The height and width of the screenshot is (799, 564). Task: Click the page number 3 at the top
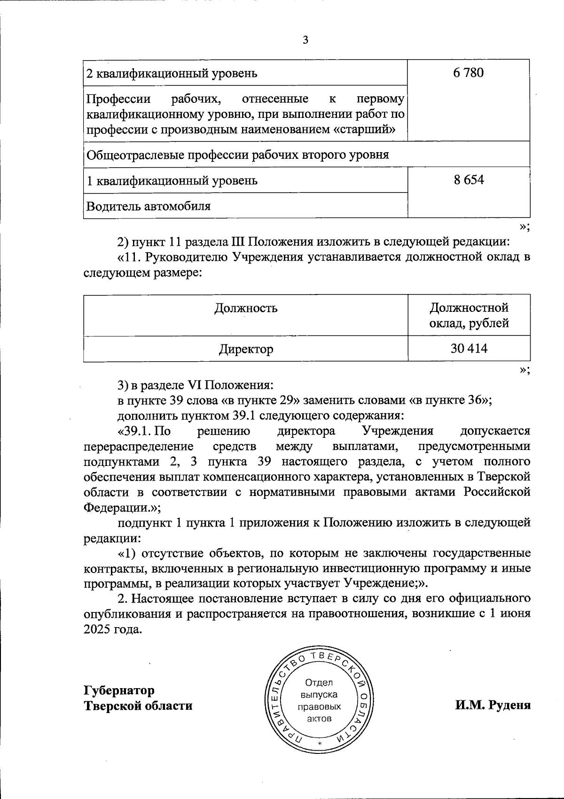coord(305,40)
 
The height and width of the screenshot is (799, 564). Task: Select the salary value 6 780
coord(469,73)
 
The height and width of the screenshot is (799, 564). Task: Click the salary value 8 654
coord(469,180)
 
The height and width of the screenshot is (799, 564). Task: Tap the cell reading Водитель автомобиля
coord(149,206)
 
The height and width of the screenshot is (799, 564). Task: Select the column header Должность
coord(246,308)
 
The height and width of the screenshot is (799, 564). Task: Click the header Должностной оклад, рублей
coord(469,315)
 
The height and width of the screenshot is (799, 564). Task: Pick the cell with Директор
coord(246,349)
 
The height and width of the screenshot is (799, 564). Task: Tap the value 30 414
coord(469,349)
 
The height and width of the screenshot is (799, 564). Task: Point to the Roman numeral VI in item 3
coord(194,385)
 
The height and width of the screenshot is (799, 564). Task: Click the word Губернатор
coord(119,690)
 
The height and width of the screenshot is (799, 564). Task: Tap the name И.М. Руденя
coord(493,705)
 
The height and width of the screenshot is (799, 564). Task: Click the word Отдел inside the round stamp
coord(319,683)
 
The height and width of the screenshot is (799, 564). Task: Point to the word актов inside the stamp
coord(319,719)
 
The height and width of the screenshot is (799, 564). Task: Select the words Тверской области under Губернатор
coord(138,706)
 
